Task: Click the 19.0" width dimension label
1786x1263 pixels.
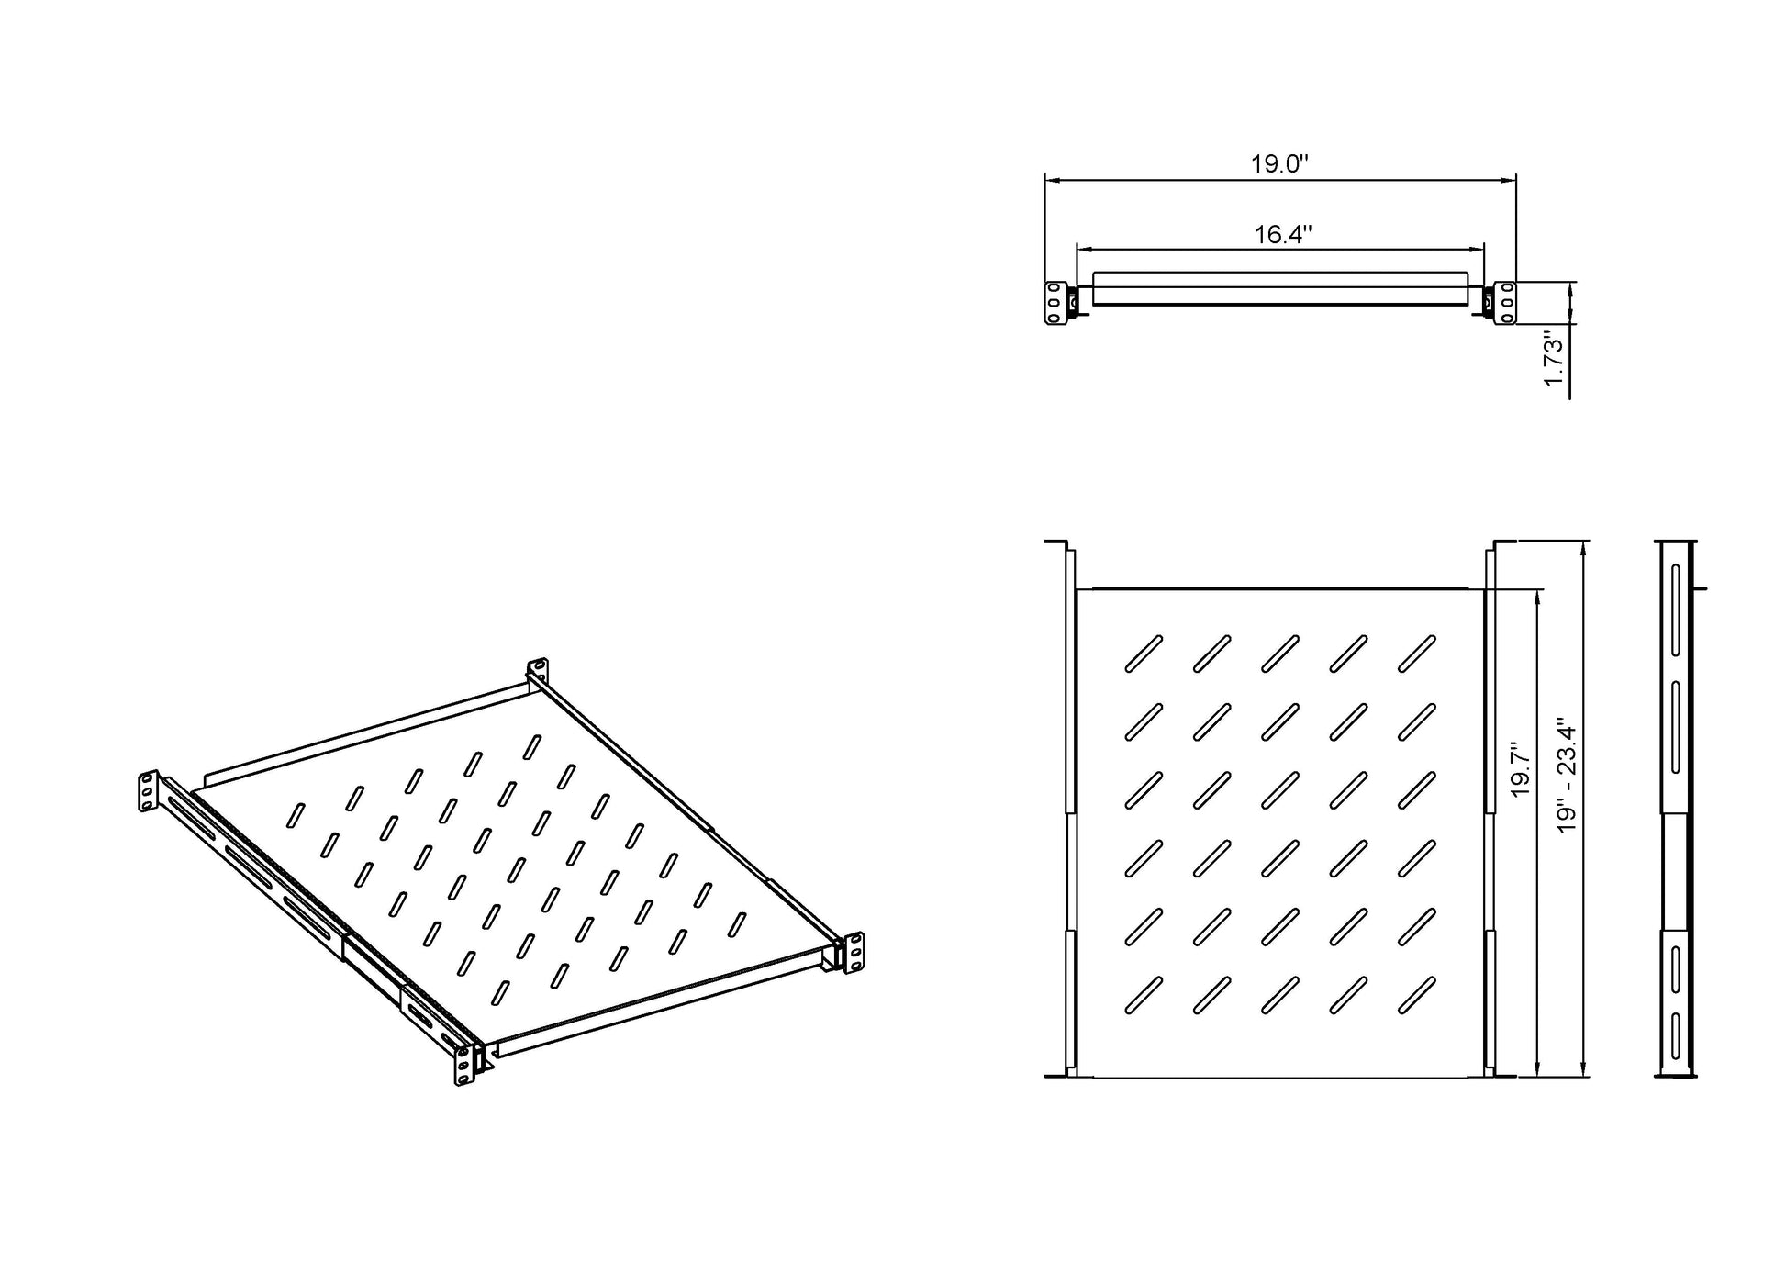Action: (1278, 164)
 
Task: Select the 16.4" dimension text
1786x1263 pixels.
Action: (1282, 235)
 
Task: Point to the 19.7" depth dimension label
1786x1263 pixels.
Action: (1520, 769)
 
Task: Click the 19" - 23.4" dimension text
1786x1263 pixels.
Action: (1566, 774)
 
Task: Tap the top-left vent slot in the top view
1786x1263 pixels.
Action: (1144, 654)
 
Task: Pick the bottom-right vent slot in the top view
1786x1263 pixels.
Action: (1417, 995)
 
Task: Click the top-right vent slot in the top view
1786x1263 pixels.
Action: (1417, 654)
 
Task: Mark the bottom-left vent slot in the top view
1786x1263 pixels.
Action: (1144, 995)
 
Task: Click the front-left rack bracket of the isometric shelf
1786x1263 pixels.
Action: (465, 1065)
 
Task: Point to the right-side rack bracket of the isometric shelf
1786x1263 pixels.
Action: (854, 953)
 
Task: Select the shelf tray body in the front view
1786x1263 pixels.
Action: (1280, 288)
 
